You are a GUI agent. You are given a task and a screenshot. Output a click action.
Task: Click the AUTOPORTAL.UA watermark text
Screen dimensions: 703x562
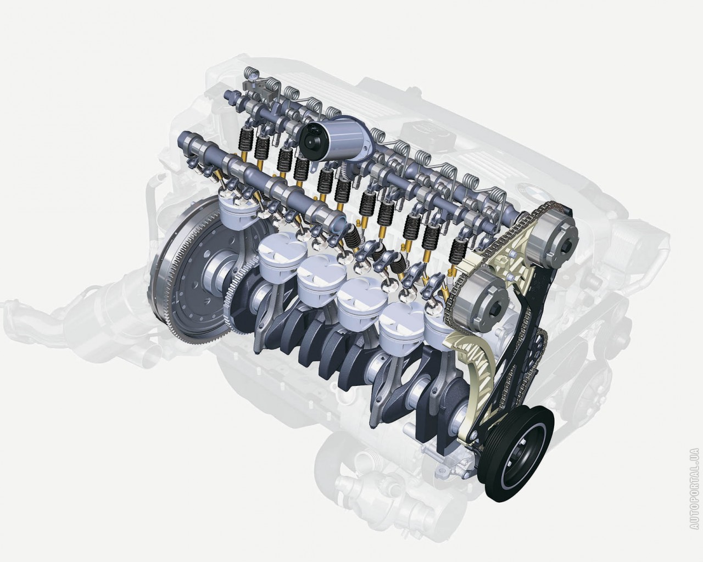(695, 492)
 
